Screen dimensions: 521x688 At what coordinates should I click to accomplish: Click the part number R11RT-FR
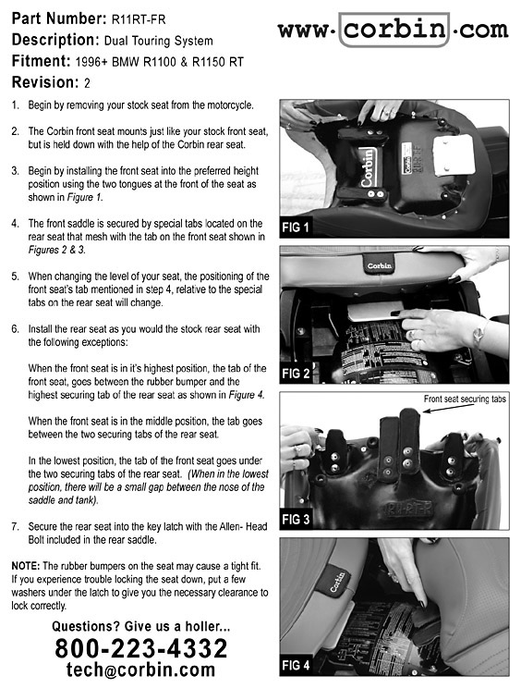click(139, 19)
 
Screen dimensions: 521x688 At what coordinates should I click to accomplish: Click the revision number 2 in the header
click(87, 83)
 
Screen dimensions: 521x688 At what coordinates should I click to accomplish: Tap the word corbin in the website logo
click(394, 29)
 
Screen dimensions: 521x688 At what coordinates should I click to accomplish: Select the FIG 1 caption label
click(296, 227)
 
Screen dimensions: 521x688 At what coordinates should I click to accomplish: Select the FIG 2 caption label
click(296, 374)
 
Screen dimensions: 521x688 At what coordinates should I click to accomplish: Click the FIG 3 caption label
click(296, 520)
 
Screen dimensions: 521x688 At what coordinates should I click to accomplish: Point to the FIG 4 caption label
click(296, 665)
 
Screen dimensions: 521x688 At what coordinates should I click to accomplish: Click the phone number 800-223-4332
click(141, 648)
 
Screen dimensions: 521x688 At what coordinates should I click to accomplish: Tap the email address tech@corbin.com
click(140, 670)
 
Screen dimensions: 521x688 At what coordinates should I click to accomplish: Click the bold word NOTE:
click(26, 566)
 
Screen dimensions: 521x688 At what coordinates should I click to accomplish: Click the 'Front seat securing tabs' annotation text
click(465, 399)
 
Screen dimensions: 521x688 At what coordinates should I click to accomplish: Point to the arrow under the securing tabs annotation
click(448, 408)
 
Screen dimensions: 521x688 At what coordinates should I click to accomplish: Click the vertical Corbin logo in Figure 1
click(368, 166)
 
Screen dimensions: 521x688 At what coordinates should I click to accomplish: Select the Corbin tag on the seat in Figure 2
click(380, 265)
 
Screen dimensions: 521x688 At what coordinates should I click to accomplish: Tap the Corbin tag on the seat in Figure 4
click(337, 581)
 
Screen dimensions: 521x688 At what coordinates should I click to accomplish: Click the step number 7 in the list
click(16, 526)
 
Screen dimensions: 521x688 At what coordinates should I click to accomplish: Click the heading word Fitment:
click(42, 61)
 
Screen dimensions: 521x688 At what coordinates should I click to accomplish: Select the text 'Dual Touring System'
click(158, 41)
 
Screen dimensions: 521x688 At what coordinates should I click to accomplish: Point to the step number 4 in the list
click(16, 224)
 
